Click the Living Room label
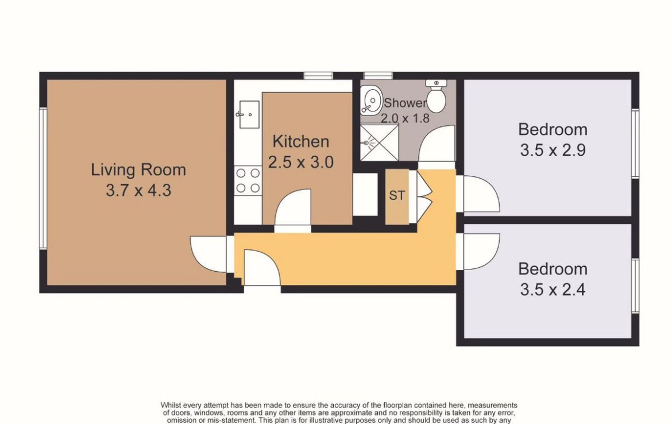138,169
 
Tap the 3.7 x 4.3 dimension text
138,190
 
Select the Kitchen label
301,141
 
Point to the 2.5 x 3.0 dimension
301,162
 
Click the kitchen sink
249,114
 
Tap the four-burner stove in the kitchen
248,180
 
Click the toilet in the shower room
437,95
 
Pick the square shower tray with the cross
379,142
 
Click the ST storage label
397,195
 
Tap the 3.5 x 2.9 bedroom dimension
553,150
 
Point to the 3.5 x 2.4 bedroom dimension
553,290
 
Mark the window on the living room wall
43,178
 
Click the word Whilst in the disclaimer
171,405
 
